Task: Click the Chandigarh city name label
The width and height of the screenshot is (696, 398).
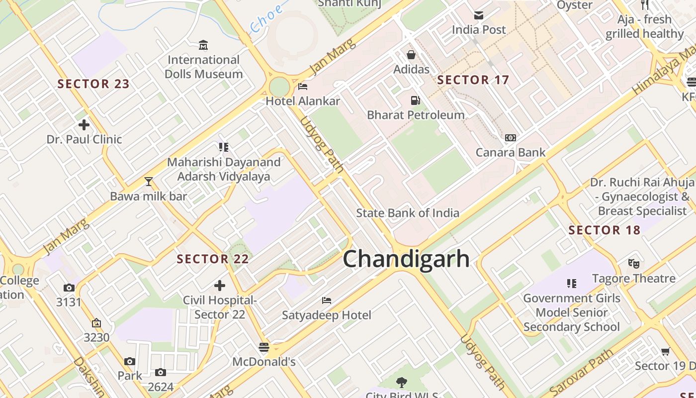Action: [x=406, y=259]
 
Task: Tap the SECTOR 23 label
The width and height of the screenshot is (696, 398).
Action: [x=93, y=84]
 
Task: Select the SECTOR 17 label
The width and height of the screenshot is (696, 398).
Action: [x=473, y=80]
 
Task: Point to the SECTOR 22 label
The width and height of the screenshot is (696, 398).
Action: [x=213, y=259]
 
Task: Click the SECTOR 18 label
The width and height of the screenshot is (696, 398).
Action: [x=604, y=230]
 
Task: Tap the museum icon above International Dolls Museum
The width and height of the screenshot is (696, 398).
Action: [x=203, y=46]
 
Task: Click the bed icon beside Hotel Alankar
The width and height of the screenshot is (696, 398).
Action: [x=302, y=87]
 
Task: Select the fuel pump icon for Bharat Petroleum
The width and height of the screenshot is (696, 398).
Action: [x=415, y=100]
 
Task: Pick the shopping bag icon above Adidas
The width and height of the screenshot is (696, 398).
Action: [x=411, y=55]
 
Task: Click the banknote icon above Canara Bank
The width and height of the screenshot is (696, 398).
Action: [x=510, y=138]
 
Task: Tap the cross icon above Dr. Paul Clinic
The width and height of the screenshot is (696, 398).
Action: [x=84, y=125]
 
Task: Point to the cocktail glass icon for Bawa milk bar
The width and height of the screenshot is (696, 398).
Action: [x=148, y=182]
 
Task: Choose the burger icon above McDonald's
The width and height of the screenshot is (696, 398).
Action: [x=263, y=347]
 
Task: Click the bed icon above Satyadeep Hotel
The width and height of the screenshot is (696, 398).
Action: [x=326, y=300]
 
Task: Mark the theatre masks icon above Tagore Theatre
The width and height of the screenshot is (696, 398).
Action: [x=633, y=264]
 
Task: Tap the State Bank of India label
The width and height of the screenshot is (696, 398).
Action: [x=407, y=213]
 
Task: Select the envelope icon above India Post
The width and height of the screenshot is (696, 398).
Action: [x=478, y=15]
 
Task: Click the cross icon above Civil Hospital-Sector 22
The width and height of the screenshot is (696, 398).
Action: [x=219, y=286]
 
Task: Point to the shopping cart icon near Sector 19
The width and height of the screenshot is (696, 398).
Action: [x=665, y=352]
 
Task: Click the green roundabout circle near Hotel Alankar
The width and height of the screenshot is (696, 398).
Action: [x=279, y=87]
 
